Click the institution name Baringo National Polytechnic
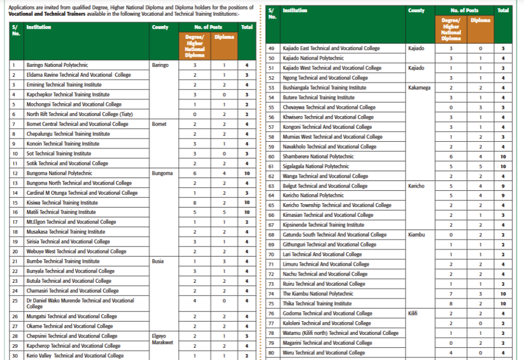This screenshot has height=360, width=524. [x=57, y=65]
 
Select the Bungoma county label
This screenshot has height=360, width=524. [x=162, y=173]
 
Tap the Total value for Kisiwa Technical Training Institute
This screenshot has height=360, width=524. [x=247, y=202]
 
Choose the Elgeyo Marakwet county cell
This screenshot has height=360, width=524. [x=163, y=339]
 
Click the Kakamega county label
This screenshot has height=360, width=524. [x=419, y=87]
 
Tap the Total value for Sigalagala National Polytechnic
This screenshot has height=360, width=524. [x=503, y=166]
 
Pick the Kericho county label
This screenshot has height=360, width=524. [x=417, y=186]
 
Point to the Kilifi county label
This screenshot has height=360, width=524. [x=414, y=313]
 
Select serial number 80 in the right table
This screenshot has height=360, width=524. [x=271, y=352]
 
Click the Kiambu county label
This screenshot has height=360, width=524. [x=417, y=235]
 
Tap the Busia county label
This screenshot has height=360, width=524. [x=158, y=261]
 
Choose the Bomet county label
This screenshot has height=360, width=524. [x=160, y=124]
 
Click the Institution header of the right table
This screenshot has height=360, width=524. [x=295, y=10]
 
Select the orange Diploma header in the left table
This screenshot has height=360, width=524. [x=224, y=37]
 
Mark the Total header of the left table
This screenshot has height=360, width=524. [x=247, y=27]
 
